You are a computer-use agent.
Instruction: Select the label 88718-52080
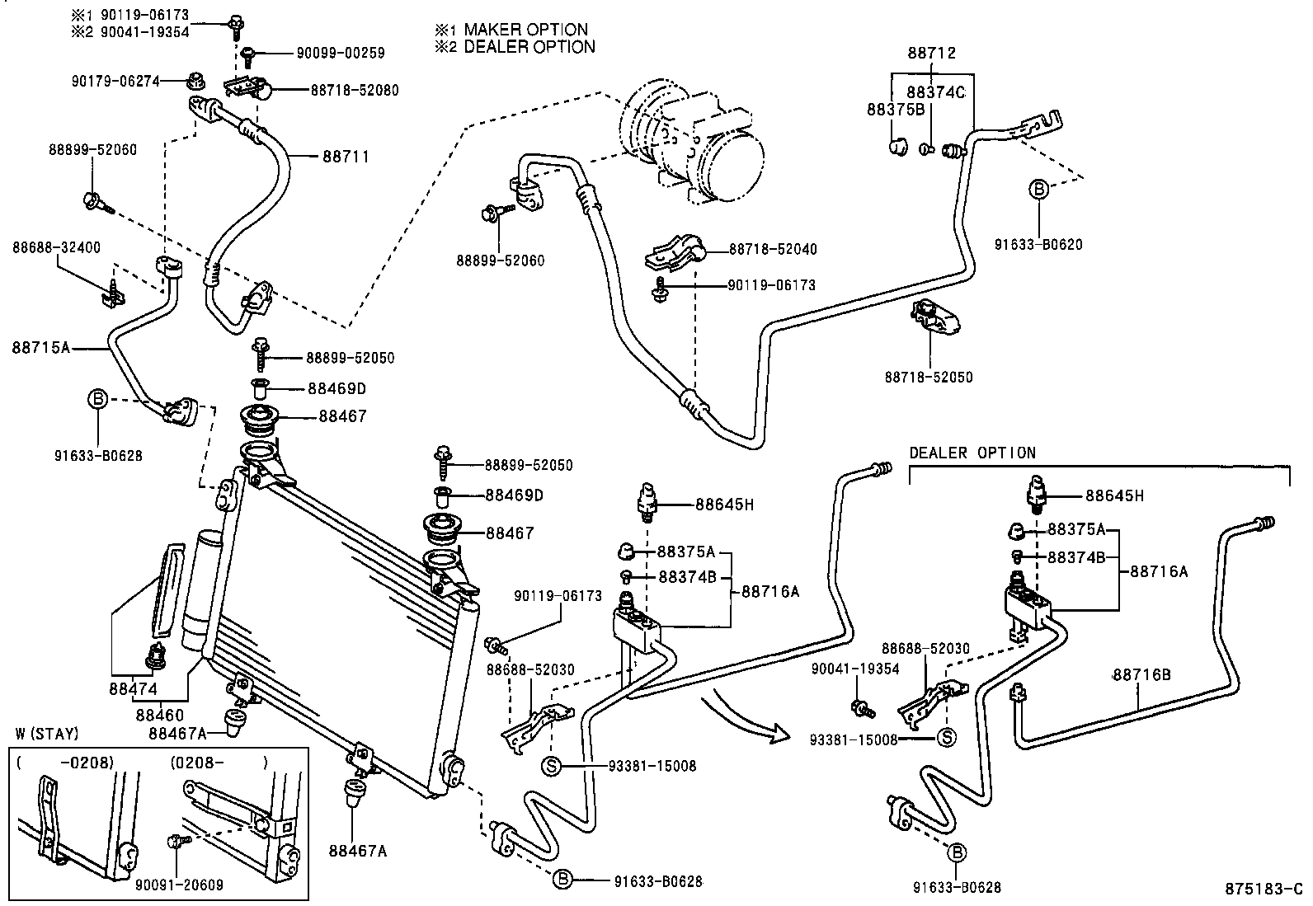pyautogui.click(x=354, y=91)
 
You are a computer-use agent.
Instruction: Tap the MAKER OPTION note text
pyautogui.click(x=525, y=30)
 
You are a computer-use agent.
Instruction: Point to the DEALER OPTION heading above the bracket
pyautogui.click(x=972, y=453)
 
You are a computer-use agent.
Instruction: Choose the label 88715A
pyautogui.click(x=40, y=348)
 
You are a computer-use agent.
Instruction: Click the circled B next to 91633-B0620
pyautogui.click(x=1038, y=189)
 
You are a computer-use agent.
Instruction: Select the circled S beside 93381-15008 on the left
pyautogui.click(x=551, y=766)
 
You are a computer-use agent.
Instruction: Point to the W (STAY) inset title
pyautogui.click(x=47, y=734)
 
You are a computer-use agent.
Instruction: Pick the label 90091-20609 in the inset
pyautogui.click(x=179, y=885)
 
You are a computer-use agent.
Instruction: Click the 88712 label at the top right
pyautogui.click(x=931, y=54)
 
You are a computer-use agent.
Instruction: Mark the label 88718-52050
pyautogui.click(x=928, y=378)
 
